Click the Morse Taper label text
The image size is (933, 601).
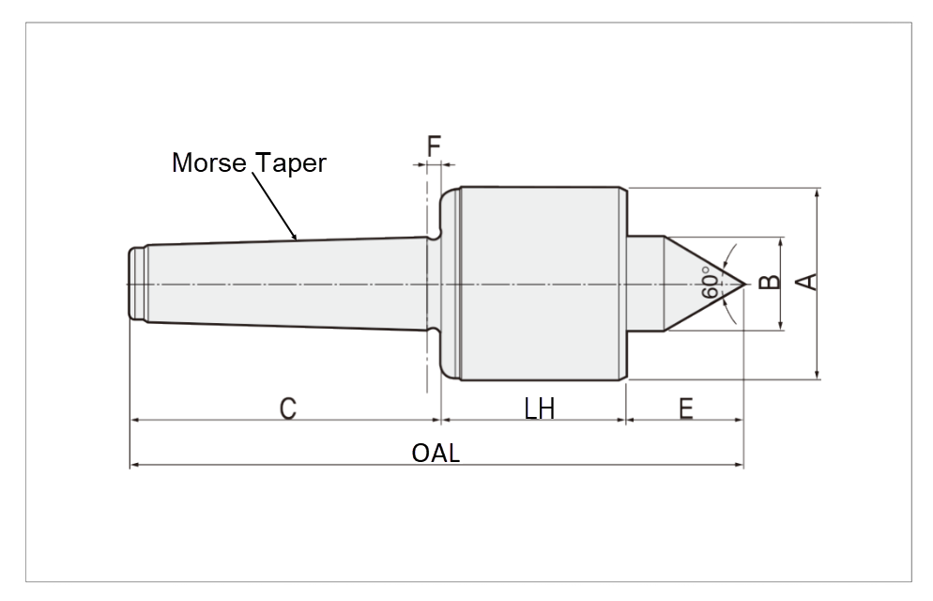pos(249,162)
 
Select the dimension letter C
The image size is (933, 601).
pos(288,408)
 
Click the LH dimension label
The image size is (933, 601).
pos(540,408)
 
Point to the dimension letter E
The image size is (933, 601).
pos(686,408)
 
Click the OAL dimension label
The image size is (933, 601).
pos(436,453)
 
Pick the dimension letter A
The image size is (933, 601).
pos(806,282)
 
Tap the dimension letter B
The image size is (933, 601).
pos(769,283)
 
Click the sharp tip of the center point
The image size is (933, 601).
pos(743,283)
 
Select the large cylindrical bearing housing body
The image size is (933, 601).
pos(540,283)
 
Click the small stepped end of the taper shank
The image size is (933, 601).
pos(137,283)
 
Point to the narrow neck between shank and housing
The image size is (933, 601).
pos(433,283)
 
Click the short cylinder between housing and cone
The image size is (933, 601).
pos(645,283)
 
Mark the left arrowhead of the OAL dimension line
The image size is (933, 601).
pos(133,464)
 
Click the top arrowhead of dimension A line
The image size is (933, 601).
pos(818,193)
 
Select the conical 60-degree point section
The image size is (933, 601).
pos(695,283)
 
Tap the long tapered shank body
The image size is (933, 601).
pos(282,283)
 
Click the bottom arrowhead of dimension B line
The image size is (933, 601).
pos(781,326)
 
